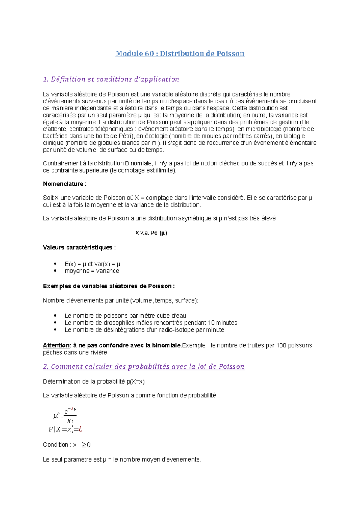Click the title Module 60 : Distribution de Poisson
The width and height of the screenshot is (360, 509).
[x=180, y=54]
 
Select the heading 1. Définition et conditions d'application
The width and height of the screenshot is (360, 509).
[x=111, y=79]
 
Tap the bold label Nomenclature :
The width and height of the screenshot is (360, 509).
[x=65, y=184]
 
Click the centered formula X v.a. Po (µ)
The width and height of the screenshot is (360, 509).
[x=151, y=233]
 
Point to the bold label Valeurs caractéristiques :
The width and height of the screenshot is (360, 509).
[x=79, y=247]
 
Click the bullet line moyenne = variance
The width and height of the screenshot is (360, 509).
[x=92, y=271]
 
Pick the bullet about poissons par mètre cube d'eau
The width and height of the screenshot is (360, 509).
[x=125, y=316]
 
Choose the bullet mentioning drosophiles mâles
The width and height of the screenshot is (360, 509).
[x=151, y=323]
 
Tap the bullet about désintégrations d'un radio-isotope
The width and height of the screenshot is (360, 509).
[x=144, y=330]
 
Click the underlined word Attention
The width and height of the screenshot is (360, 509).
[x=56, y=345]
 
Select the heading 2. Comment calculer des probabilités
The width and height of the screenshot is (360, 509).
[x=144, y=366]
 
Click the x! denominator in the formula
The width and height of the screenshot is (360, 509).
[x=70, y=421]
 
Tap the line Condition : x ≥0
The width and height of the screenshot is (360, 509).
[x=67, y=445]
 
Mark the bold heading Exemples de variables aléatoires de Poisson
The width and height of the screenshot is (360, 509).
[x=109, y=286]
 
